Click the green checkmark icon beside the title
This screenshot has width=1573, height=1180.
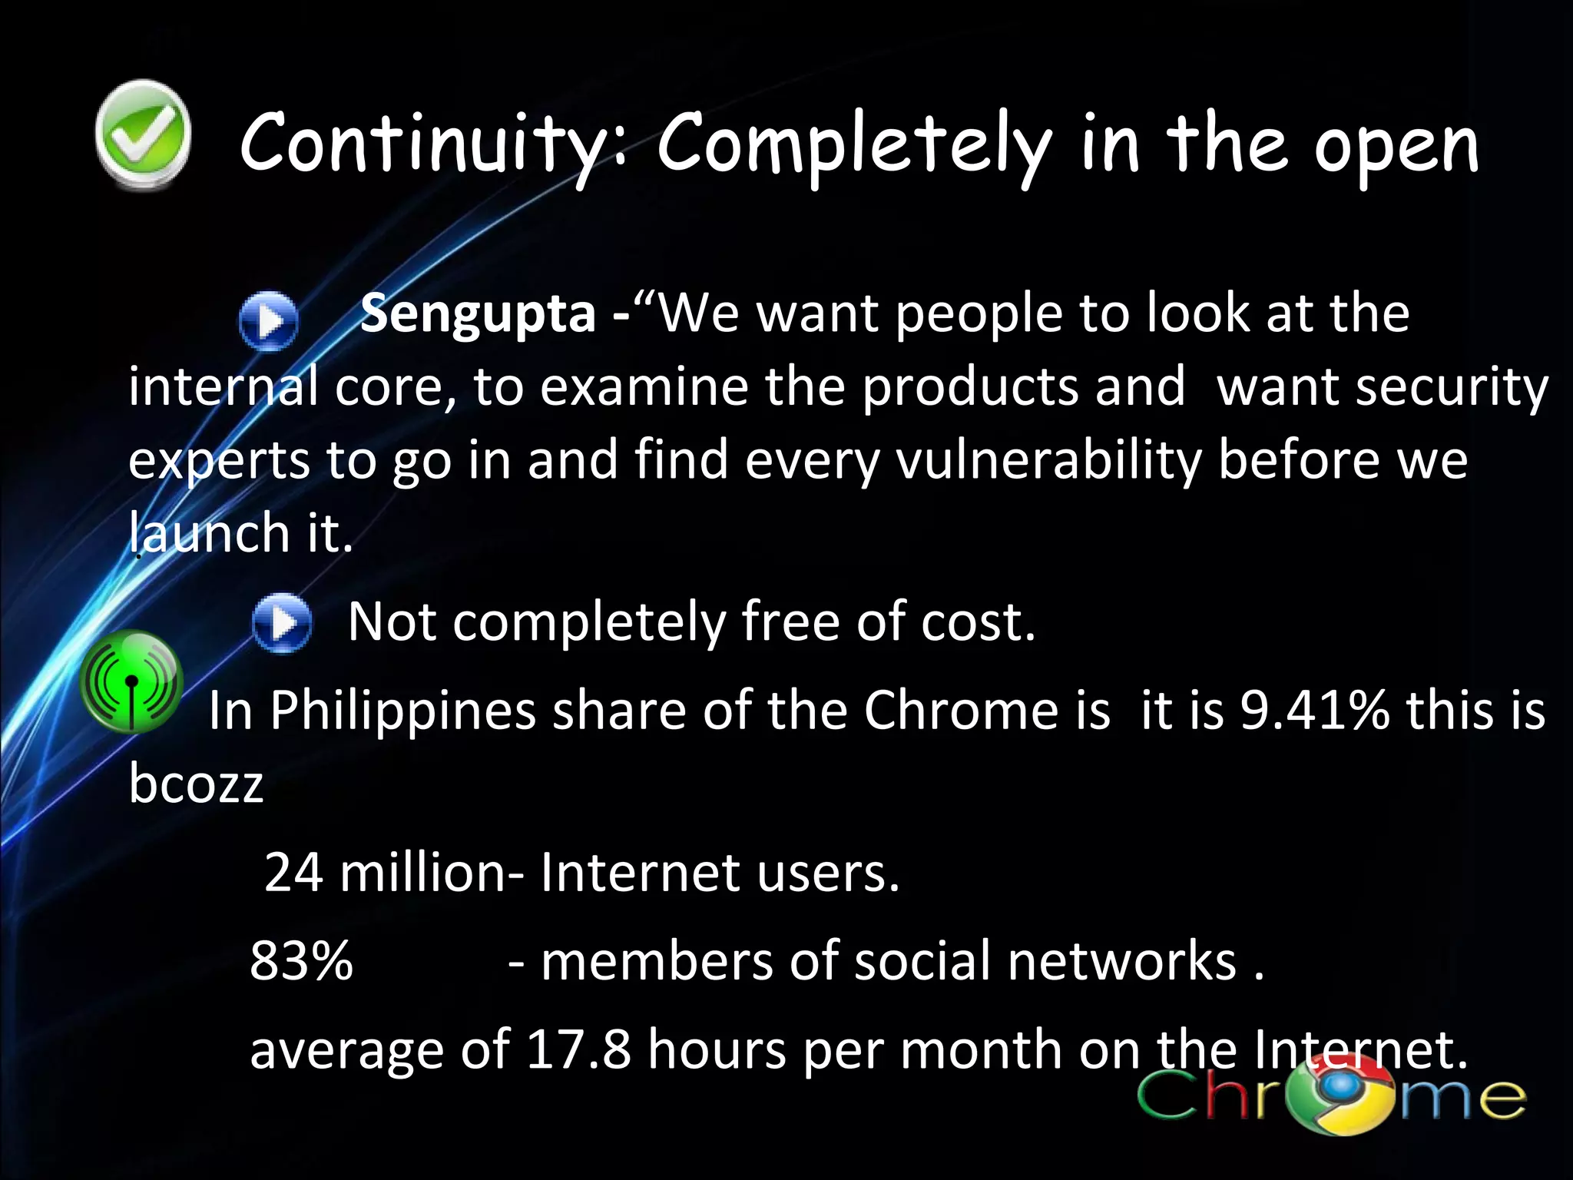coord(143,135)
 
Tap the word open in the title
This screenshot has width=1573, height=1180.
coord(1396,150)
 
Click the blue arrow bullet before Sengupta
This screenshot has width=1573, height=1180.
coord(268,321)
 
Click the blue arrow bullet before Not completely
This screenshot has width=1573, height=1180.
coord(282,623)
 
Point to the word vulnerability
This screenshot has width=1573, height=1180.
coord(1048,461)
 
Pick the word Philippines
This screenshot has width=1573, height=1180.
coord(402,711)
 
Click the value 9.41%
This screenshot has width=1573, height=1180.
coord(1314,710)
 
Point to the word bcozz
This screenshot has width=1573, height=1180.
coord(196,784)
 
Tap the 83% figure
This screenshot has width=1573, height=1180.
coord(301,961)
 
